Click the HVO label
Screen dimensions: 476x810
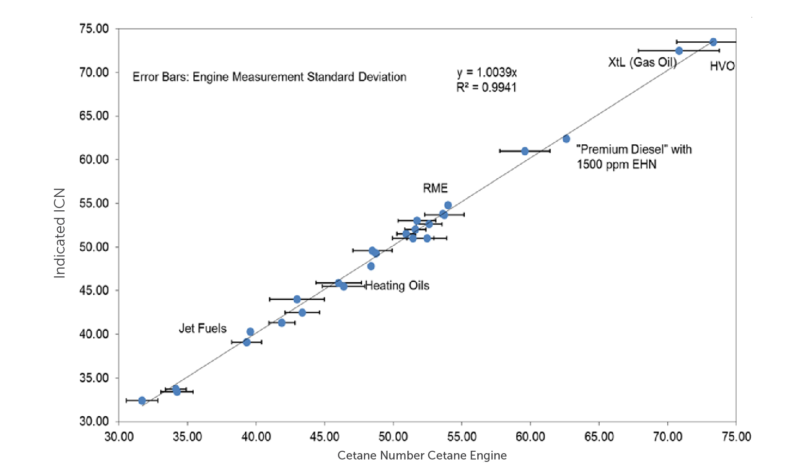[722, 66]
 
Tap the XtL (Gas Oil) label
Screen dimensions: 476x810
[642, 62]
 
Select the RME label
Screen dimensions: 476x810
[435, 188]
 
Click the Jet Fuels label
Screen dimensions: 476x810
[202, 328]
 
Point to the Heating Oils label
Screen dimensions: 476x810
[397, 286]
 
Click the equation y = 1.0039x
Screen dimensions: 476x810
[487, 72]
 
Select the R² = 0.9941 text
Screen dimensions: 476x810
[486, 87]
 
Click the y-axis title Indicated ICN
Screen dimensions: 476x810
[59, 233]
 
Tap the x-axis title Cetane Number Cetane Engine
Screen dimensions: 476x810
[422, 455]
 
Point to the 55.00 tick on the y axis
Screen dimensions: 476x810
[94, 203]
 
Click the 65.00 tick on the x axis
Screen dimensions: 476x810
[599, 436]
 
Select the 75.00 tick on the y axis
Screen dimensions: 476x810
[94, 29]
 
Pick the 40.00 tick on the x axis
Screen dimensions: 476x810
[256, 436]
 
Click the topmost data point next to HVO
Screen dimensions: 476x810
[713, 42]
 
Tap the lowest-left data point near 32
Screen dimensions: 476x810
[142, 401]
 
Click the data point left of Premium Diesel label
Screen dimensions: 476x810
[566, 139]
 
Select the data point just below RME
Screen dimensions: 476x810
[448, 205]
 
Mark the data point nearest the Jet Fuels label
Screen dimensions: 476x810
[250, 332]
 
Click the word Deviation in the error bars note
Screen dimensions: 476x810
[382, 77]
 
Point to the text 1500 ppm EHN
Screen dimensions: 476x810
[616, 164]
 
